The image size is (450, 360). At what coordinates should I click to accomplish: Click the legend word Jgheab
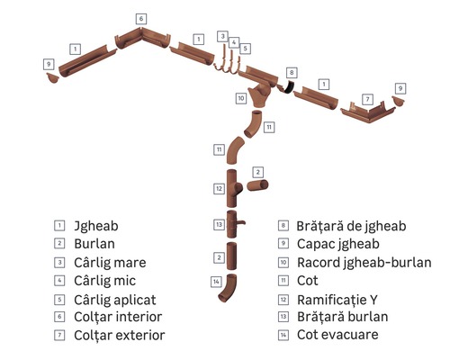(x=96, y=225)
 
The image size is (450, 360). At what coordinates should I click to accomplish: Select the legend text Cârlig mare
(x=112, y=262)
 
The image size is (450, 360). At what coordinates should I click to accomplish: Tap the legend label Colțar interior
(x=121, y=317)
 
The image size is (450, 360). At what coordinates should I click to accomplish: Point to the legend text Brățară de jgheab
(x=354, y=225)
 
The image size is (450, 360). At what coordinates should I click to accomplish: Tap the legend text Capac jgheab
(x=341, y=243)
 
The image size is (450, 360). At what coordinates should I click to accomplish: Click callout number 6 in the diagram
(x=141, y=18)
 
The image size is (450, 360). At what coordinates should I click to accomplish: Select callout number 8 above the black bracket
(x=291, y=71)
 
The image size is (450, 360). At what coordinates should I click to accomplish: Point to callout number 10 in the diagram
(x=241, y=97)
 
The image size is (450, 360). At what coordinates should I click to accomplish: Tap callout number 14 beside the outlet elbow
(x=216, y=282)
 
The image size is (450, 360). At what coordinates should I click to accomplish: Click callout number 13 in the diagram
(x=218, y=224)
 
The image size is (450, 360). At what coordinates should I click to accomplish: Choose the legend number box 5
(x=60, y=299)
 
